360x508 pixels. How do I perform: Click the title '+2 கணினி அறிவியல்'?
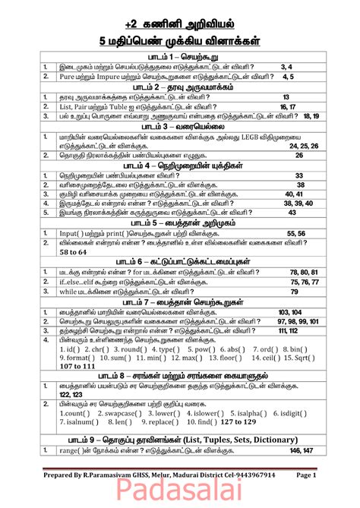coord(179,19)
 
